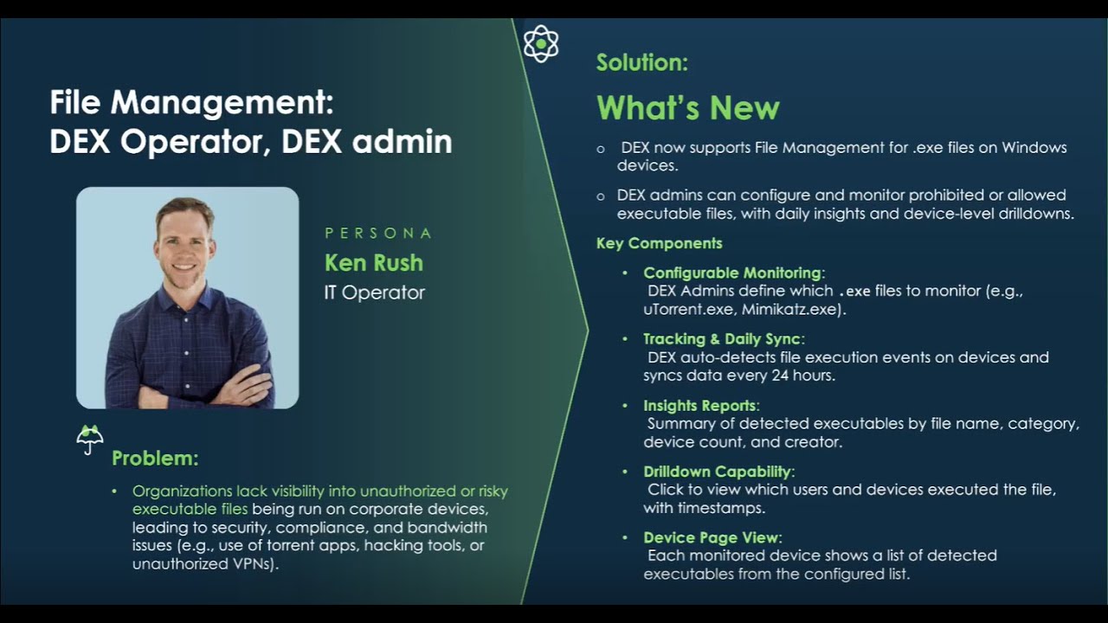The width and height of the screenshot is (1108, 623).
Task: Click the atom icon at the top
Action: [x=541, y=44]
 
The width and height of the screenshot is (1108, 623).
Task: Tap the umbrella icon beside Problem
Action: [x=90, y=439]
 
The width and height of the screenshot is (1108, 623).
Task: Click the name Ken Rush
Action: [x=374, y=262]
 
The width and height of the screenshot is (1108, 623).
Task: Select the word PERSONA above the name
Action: [x=378, y=234]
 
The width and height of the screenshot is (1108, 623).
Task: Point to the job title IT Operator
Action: [x=374, y=292]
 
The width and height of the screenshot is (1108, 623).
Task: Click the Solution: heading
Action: [x=641, y=62]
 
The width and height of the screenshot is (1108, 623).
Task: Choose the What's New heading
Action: [x=687, y=108]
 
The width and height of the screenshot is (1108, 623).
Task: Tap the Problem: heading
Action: [x=155, y=458]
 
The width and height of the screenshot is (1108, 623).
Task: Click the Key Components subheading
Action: [x=659, y=243]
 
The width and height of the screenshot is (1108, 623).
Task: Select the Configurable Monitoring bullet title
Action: [x=732, y=273]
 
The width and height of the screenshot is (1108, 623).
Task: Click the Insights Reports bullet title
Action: [x=700, y=406]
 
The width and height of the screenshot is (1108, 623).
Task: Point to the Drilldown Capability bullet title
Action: [x=718, y=472]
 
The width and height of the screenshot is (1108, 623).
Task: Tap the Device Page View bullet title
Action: [x=712, y=538]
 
